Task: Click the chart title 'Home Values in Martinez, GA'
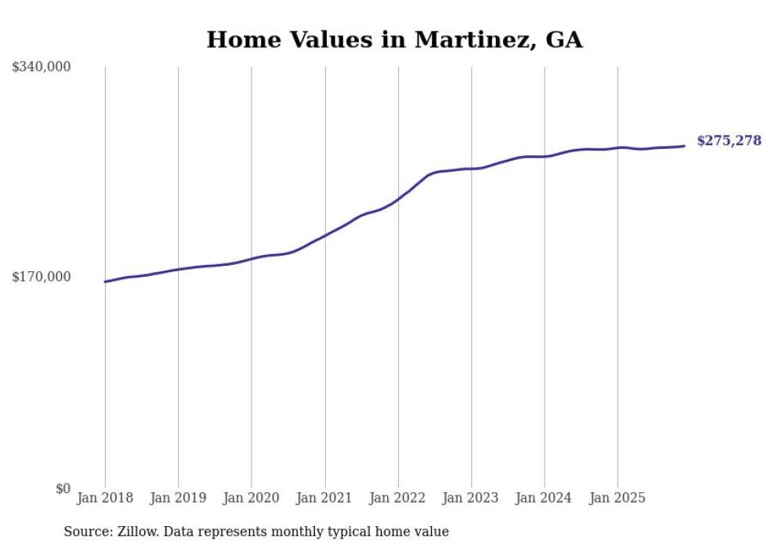click(394, 40)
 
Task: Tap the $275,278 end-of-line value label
click(729, 141)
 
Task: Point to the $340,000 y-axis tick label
click(41, 67)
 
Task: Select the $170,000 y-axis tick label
click(41, 277)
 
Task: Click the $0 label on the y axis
click(63, 488)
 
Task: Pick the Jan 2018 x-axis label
click(105, 498)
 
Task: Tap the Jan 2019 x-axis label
click(178, 498)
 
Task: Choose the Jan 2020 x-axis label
click(252, 498)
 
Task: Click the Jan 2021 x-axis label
click(324, 498)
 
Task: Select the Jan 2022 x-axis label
click(398, 498)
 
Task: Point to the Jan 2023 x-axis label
click(471, 498)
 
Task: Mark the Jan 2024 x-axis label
click(545, 498)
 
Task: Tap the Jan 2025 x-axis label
click(618, 498)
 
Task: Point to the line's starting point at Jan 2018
click(105, 281)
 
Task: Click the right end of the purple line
click(684, 146)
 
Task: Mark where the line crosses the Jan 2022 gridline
click(398, 199)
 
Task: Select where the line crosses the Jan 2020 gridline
click(252, 259)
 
